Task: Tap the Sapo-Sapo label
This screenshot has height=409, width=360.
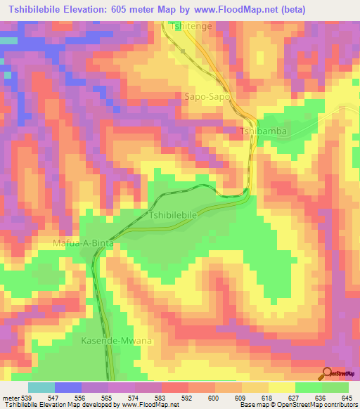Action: pyautogui.click(x=207, y=97)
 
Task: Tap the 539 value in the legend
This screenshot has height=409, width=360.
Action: pyautogui.click(x=27, y=397)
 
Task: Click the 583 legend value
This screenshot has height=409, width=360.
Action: pyautogui.click(x=161, y=397)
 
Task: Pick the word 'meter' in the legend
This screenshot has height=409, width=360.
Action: pyautogui.click(x=11, y=397)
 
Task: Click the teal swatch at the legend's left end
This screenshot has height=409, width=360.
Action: pyautogui.click(x=41, y=387)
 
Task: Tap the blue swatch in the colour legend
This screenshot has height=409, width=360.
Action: pyautogui.click(x=67, y=387)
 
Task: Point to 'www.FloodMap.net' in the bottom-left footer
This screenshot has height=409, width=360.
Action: pyautogui.click(x=145, y=405)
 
